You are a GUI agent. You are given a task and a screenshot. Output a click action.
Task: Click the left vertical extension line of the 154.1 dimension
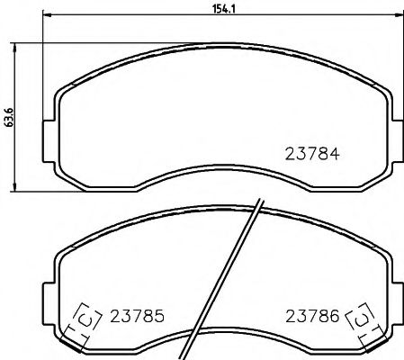tap(43, 72)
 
